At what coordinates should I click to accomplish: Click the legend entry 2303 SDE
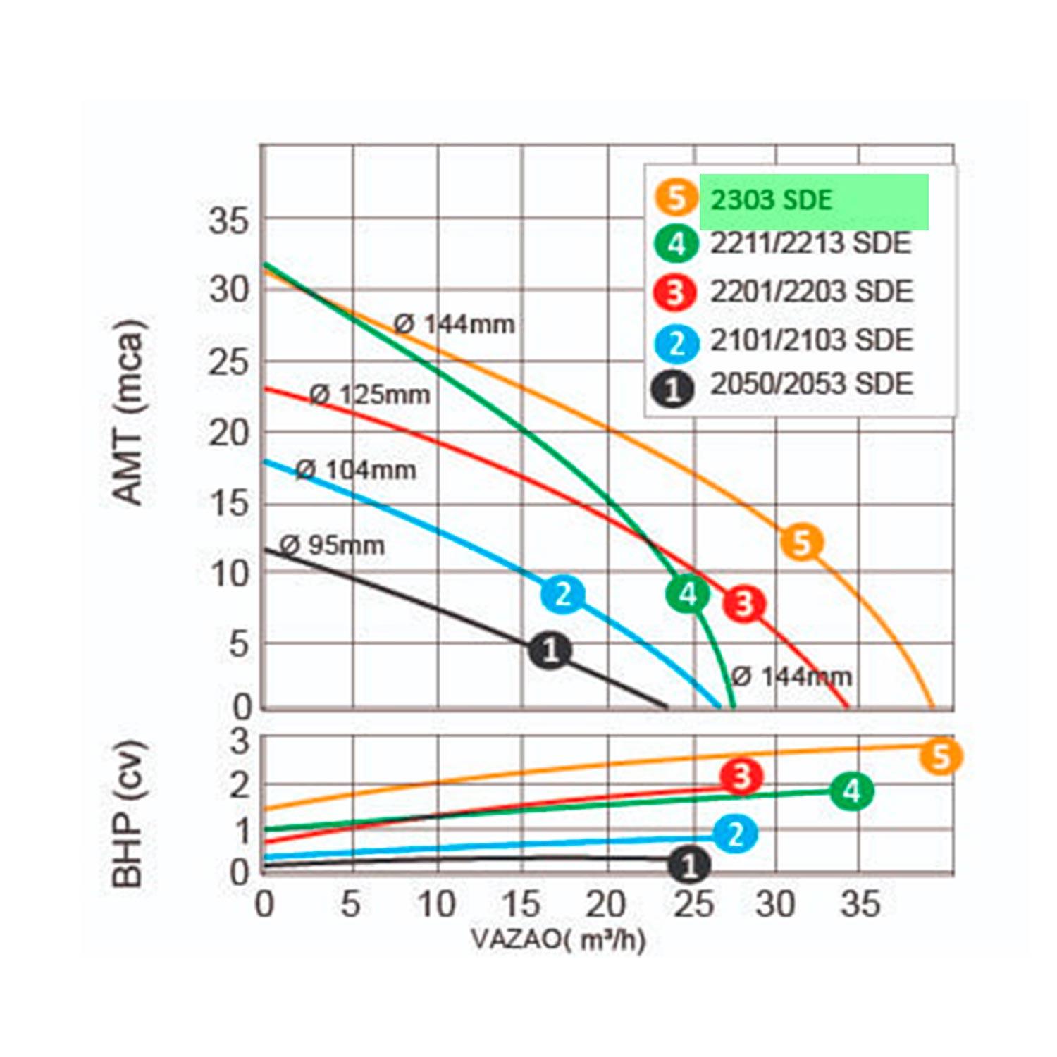click(771, 201)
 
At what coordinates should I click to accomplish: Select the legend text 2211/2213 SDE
click(810, 244)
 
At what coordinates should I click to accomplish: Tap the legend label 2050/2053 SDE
click(811, 384)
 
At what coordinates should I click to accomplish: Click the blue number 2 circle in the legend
click(676, 343)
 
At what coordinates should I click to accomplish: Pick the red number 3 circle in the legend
click(675, 292)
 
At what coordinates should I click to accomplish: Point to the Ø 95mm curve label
click(332, 545)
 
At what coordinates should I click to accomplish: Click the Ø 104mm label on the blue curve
click(355, 469)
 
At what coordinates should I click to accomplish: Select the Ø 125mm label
click(370, 395)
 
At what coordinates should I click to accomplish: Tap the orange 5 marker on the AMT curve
click(802, 543)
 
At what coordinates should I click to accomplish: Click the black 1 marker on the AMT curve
click(550, 649)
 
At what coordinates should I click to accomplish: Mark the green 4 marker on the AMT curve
click(687, 594)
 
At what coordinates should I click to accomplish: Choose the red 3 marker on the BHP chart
click(741, 777)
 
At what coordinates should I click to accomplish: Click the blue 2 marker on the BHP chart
click(735, 834)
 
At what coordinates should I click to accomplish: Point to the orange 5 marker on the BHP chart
click(941, 757)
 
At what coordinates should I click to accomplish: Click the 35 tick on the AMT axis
click(229, 221)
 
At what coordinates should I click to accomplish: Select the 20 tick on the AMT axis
click(229, 433)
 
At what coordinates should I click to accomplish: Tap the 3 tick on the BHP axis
click(240, 741)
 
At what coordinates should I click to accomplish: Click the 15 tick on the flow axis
click(521, 904)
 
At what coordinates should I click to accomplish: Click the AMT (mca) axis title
click(128, 412)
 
